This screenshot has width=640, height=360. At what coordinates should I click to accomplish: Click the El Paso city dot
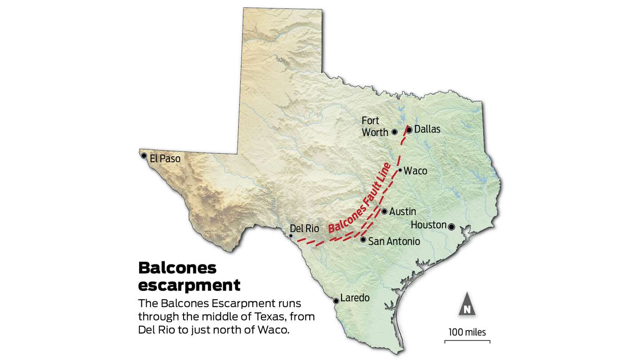pos(144,156)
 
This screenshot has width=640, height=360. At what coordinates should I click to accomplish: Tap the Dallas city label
pos(427,129)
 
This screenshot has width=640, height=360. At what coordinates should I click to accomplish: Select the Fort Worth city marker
pos(394,132)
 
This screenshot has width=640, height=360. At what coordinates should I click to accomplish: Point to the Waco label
pos(415,171)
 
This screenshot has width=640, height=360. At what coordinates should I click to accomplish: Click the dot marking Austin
pos(384,212)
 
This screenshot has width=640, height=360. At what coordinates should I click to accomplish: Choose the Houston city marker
pos(451,227)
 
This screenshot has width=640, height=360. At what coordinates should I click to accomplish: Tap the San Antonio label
pos(394,241)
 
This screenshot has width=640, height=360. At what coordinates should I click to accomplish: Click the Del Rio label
pos(304,228)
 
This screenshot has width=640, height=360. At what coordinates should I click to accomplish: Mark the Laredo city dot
pos(336,300)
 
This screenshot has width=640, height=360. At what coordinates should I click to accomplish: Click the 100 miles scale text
pos(467,332)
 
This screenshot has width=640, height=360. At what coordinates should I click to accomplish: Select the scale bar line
pos(467,341)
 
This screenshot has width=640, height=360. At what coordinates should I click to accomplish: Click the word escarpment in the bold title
pos(189,284)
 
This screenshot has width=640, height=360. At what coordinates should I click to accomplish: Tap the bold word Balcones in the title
pos(177,268)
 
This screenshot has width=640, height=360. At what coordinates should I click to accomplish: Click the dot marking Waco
pos(400,170)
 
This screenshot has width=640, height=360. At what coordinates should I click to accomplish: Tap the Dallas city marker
pos(409,130)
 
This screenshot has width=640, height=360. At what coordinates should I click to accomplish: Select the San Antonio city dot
pos(363,240)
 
